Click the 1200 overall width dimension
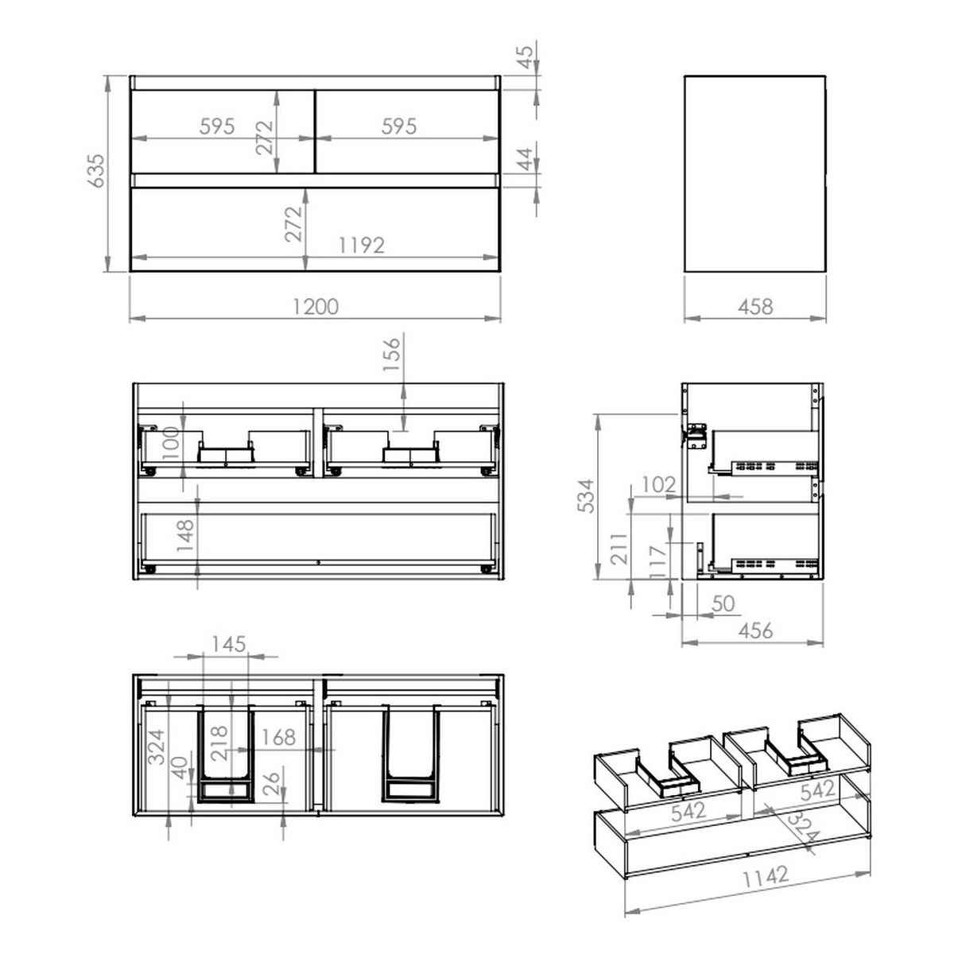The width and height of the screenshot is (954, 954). [316, 306]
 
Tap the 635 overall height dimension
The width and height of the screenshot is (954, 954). [95, 171]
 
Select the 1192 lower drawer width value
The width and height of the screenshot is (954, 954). [362, 245]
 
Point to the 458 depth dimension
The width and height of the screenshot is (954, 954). [755, 306]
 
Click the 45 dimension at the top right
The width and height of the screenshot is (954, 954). [525, 56]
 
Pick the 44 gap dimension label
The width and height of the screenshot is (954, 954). [525, 158]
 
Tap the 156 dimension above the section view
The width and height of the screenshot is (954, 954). [391, 355]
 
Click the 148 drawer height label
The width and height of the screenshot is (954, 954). [185, 536]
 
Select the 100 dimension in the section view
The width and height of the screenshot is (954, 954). [170, 443]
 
